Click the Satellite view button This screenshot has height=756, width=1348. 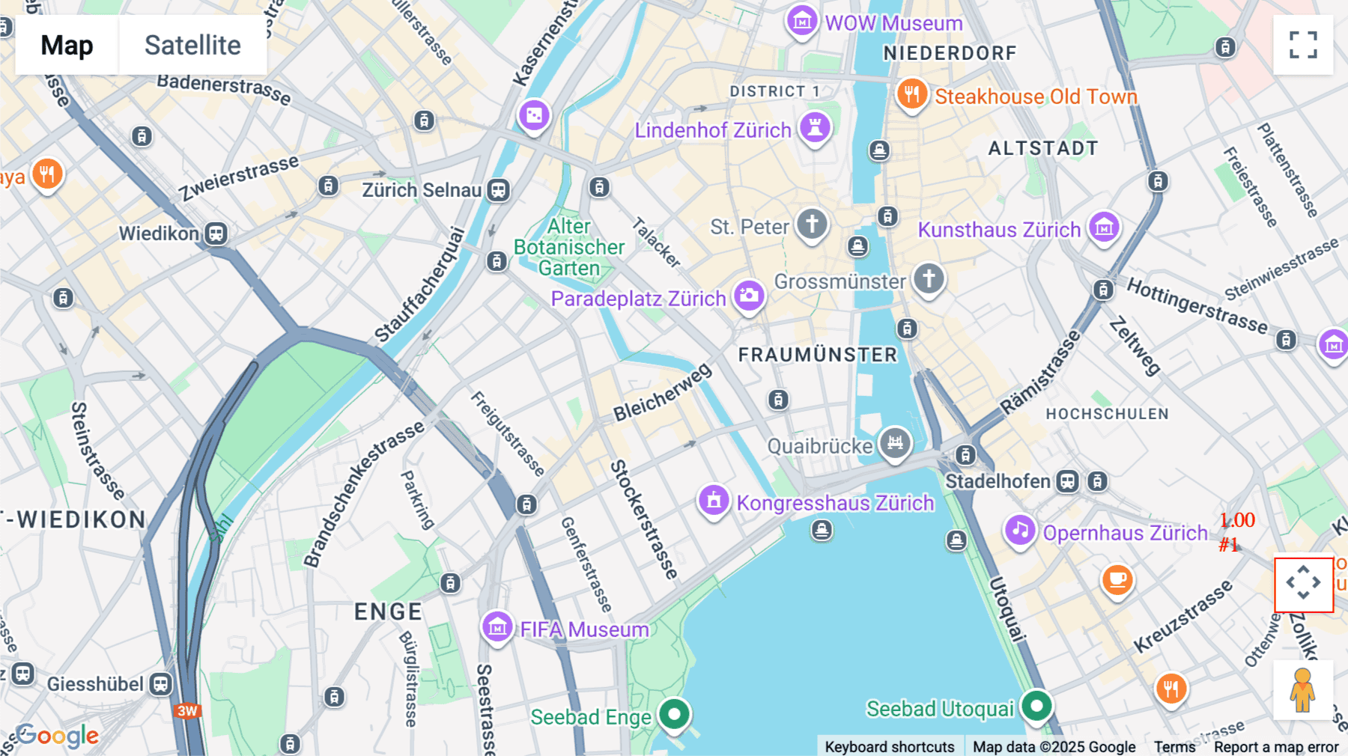pos(192,45)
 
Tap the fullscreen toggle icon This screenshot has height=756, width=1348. pos(1303,45)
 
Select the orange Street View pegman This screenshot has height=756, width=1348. pos(1303,689)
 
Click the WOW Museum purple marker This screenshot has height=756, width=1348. pos(801,22)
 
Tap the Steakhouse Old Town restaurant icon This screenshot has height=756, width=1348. pos(912,95)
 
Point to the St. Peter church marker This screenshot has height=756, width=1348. pos(812,224)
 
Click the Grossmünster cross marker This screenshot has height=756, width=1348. pos(929,278)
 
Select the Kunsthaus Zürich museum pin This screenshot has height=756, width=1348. pos(1104,227)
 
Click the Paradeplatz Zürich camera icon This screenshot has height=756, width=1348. pos(749,296)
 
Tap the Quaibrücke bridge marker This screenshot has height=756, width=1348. pos(895,443)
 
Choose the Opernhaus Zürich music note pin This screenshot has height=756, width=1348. pos(1020,531)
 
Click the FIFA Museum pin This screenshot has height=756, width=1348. pos(497,627)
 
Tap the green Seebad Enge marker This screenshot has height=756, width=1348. pos(674,714)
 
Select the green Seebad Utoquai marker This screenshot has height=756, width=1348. pos(1037,705)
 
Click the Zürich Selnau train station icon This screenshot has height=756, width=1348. pos(499,190)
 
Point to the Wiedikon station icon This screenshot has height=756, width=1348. pos(216,234)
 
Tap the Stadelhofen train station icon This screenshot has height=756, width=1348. pos(1067,481)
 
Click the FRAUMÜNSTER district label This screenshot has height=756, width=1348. pos(817,355)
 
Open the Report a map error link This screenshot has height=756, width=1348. pos(1276,746)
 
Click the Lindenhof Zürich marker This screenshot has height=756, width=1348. pos(815,127)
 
